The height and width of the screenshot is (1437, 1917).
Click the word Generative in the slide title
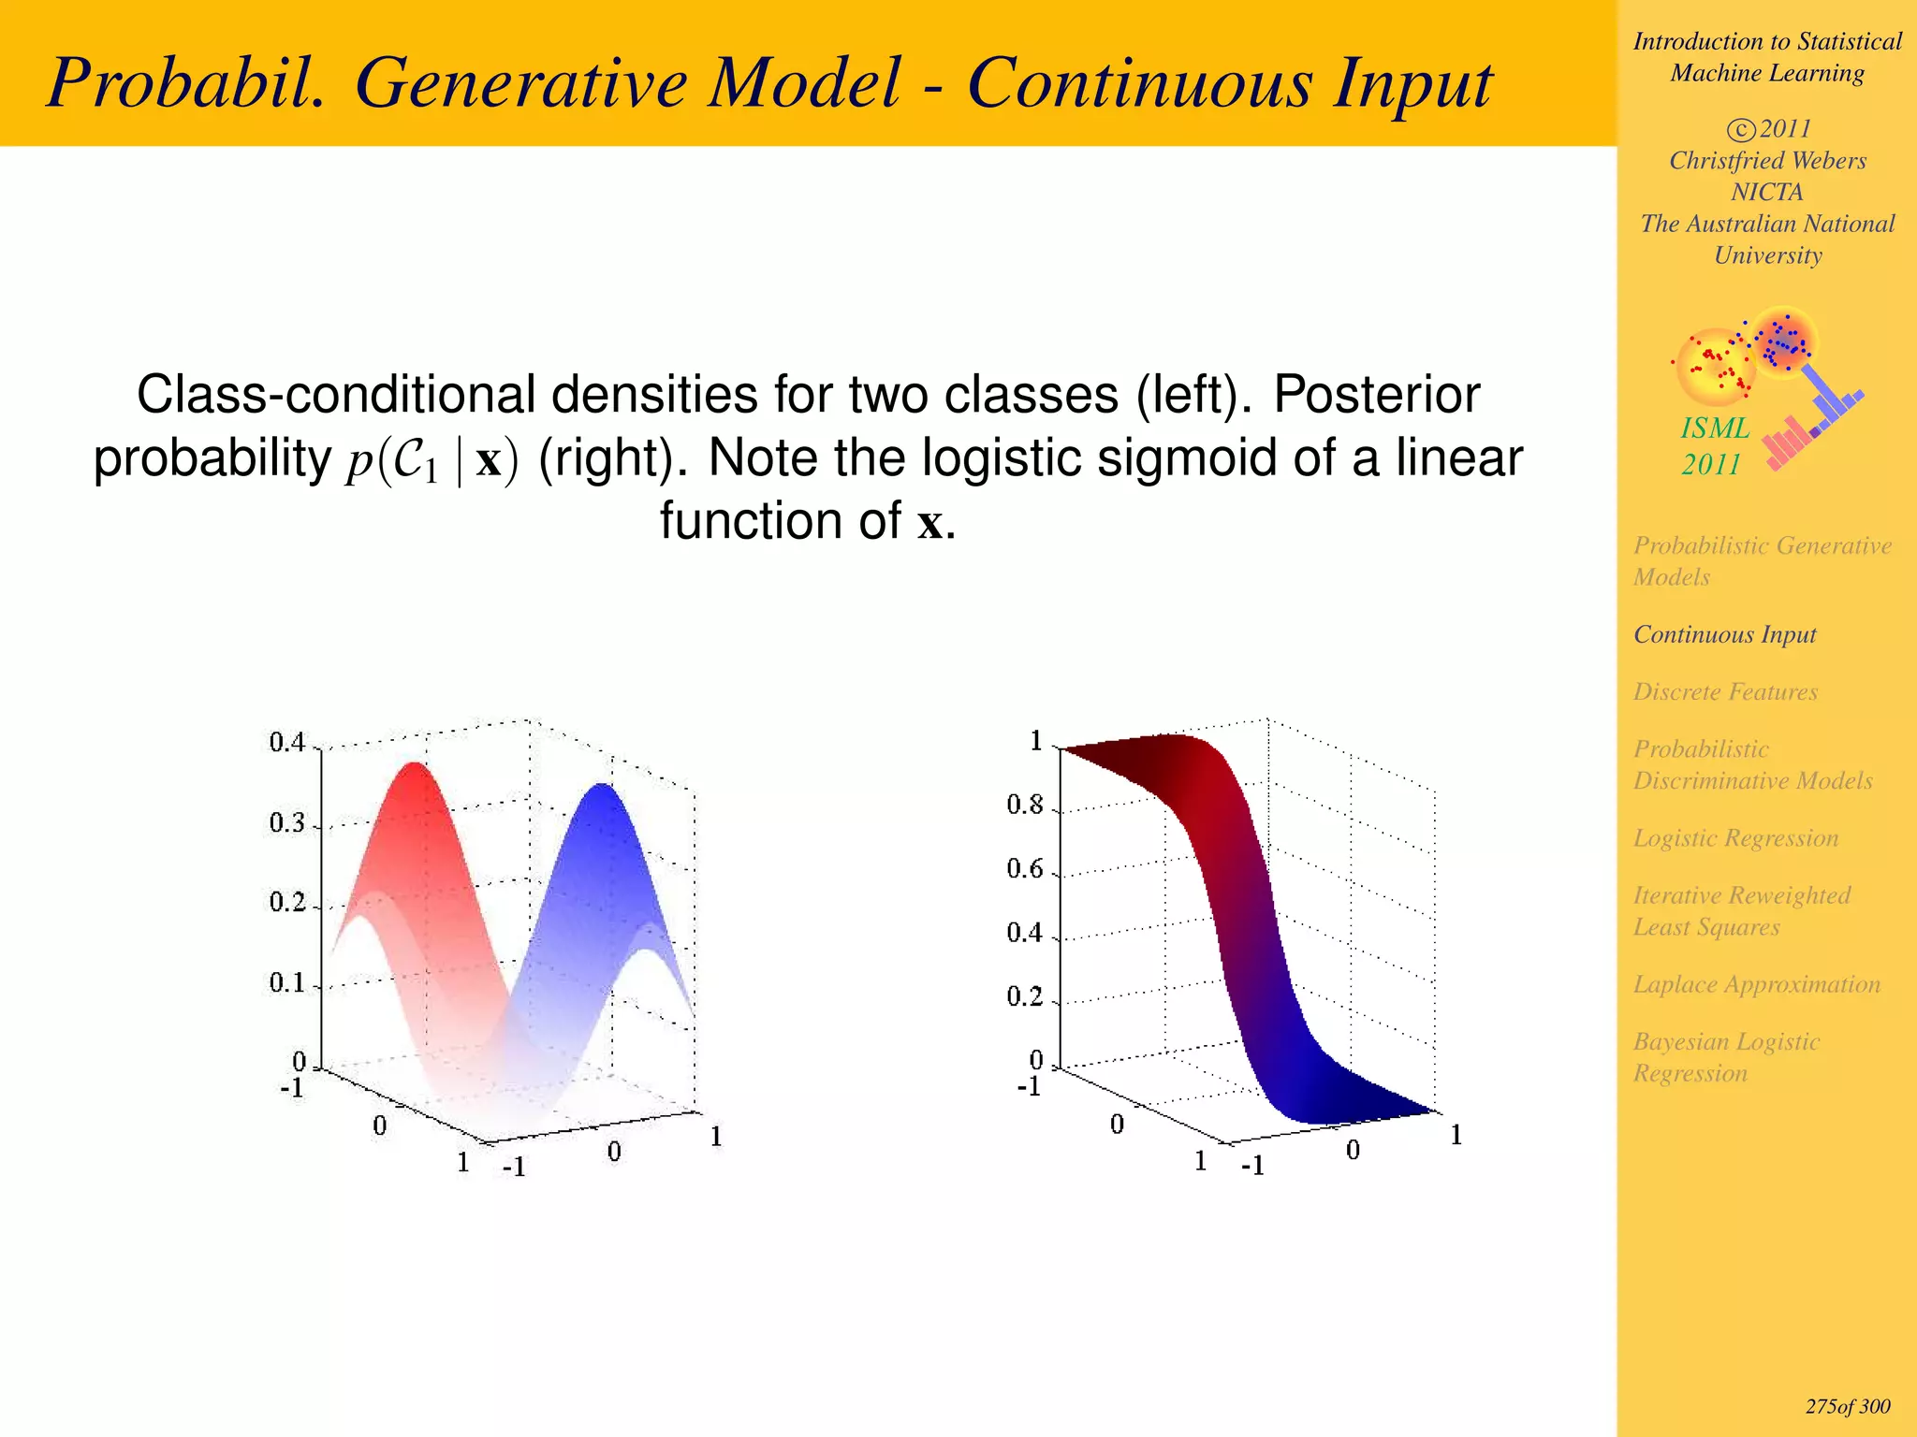[627, 84]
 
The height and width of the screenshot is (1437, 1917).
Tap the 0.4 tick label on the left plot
[286, 743]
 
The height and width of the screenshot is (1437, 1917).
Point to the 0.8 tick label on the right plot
[1024, 806]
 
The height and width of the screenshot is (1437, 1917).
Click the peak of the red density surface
[413, 766]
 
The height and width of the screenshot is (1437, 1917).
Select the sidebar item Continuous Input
[1724, 635]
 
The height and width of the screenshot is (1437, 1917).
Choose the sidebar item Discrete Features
[1725, 692]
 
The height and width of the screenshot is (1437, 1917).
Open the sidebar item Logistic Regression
[1735, 838]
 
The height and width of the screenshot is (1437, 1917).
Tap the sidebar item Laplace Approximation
[1756, 985]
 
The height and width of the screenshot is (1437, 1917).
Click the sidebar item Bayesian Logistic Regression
[1726, 1057]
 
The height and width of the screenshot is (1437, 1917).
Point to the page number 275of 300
[1847, 1407]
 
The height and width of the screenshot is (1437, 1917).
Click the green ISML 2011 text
[1714, 446]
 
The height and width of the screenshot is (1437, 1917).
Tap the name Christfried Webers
[1767, 161]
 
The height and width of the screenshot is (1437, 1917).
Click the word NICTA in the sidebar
[1766, 193]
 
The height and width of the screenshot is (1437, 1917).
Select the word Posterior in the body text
[1376, 395]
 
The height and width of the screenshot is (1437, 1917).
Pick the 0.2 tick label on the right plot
[1024, 996]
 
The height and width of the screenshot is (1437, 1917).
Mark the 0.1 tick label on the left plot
[286, 983]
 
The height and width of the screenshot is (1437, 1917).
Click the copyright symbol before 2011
[1740, 130]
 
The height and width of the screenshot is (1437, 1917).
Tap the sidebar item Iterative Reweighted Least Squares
[1741, 911]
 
